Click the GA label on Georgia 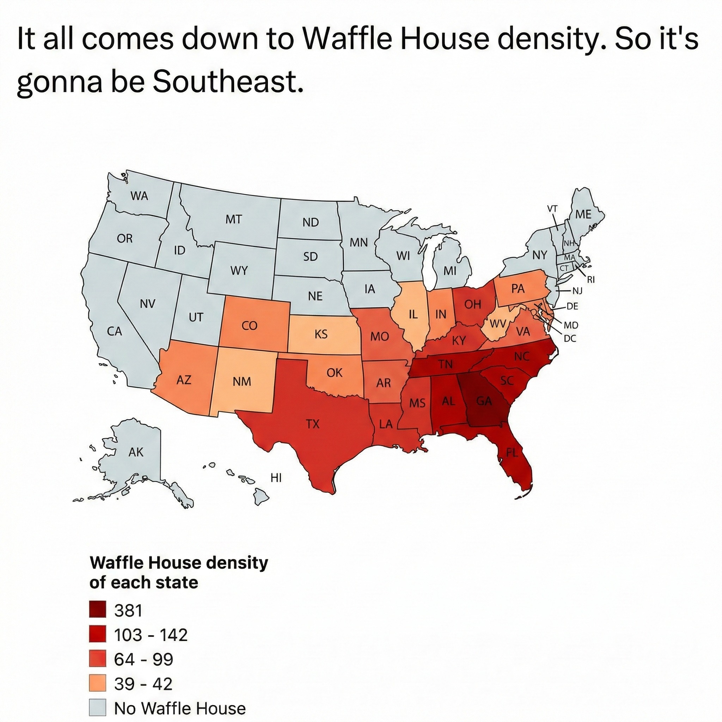[x=484, y=401]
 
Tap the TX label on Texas [x=313, y=424]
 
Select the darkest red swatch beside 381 [x=98, y=610]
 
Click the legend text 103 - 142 [x=151, y=635]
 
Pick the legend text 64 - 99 [x=143, y=659]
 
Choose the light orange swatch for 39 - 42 [x=98, y=684]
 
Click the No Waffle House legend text [x=180, y=708]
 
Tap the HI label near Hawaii [x=276, y=477]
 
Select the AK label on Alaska [x=136, y=452]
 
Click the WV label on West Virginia [x=497, y=324]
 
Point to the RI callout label [x=591, y=279]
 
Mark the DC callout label [x=570, y=338]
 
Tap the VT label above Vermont [x=552, y=209]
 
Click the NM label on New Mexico [x=242, y=381]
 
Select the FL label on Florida [x=512, y=453]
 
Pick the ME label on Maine [x=583, y=214]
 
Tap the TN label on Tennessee [x=445, y=363]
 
